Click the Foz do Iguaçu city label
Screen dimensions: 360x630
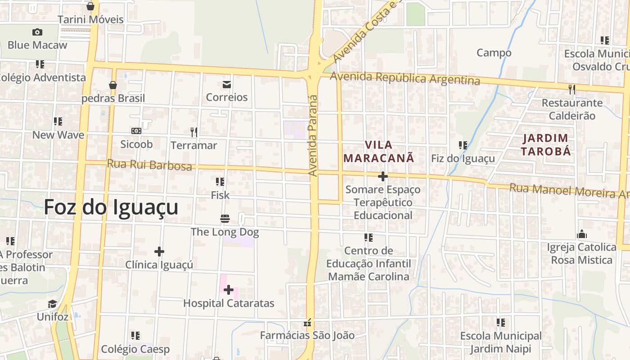(x=111, y=207)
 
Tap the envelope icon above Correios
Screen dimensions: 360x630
(x=226, y=84)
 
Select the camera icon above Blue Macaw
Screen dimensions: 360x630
(x=37, y=32)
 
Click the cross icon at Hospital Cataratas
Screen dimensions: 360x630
(x=229, y=290)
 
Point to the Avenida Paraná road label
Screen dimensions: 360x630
(x=313, y=135)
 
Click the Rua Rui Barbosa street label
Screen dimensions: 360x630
(x=149, y=165)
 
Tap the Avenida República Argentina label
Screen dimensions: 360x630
(x=405, y=78)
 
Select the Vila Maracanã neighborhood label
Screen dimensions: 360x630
(x=378, y=152)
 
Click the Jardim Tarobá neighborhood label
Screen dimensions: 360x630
(x=546, y=144)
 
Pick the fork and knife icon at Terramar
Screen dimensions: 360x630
(x=194, y=132)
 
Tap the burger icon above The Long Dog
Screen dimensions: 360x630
(x=225, y=219)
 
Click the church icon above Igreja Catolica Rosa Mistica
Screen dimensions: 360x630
(x=581, y=234)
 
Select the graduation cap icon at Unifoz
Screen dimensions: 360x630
(x=53, y=304)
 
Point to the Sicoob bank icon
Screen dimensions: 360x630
(x=136, y=131)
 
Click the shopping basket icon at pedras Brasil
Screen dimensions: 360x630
(x=113, y=85)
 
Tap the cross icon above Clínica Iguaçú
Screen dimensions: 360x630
(x=159, y=252)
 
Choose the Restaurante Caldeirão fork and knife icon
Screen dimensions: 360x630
(x=572, y=90)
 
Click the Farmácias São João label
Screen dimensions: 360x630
(x=307, y=335)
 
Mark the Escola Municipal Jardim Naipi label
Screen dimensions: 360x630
(x=501, y=342)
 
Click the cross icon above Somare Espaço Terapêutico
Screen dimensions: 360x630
(x=383, y=176)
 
